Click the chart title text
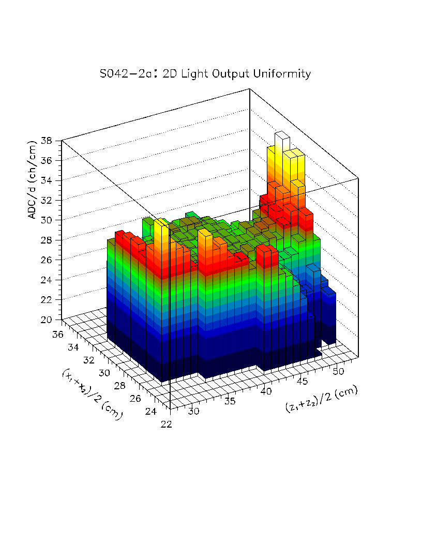[x=205, y=73]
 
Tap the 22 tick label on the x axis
[x=167, y=424]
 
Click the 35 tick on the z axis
[x=231, y=401]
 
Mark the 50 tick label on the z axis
[x=339, y=371]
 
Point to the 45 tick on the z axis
[x=303, y=381]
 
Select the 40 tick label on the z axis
[x=267, y=391]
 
